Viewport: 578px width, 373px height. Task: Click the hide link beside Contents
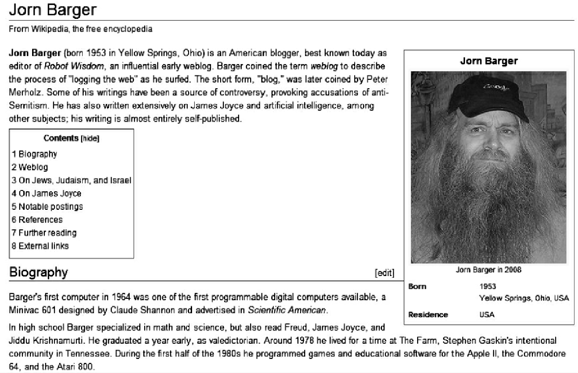[90, 139]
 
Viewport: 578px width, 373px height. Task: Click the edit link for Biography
[384, 273]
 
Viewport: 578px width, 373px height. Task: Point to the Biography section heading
[39, 273]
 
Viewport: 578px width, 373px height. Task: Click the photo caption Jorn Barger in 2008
[488, 270]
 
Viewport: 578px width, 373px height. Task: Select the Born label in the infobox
[417, 287]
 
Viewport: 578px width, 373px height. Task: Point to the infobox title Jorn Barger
[489, 61]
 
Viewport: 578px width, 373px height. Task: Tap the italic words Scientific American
[287, 310]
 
